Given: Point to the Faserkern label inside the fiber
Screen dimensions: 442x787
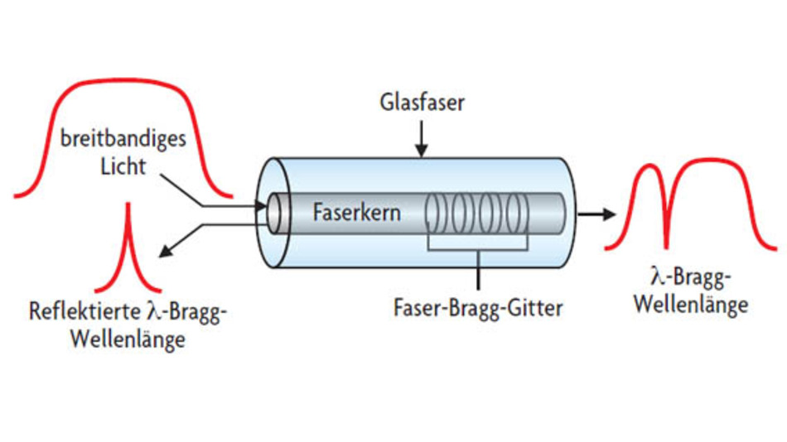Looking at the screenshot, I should (x=356, y=212).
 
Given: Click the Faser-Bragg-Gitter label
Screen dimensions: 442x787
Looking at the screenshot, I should (x=478, y=309).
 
